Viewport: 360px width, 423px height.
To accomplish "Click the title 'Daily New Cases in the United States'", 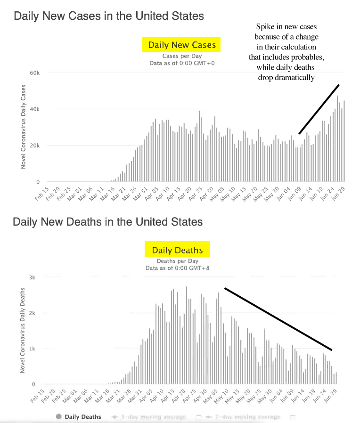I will coord(109,16).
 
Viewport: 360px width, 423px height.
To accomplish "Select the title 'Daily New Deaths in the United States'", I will coord(108,221).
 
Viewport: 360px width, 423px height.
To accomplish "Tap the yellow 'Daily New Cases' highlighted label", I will coord(181,45).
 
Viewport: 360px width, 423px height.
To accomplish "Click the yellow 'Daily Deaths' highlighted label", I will coord(177,250).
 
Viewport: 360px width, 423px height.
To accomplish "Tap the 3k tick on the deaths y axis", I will coord(32,277).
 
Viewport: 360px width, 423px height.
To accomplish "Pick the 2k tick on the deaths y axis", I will coord(32,313).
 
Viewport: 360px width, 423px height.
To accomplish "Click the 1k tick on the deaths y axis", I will coord(32,349).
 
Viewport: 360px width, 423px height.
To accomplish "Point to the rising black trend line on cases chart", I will coord(319,109).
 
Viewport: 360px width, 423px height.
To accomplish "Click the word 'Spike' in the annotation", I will coord(265,26).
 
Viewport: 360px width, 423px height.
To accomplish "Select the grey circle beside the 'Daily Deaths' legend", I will coord(58,416).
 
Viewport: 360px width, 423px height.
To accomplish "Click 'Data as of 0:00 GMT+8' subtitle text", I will coord(177,268).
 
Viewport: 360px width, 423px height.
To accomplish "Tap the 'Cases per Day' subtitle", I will coord(181,56).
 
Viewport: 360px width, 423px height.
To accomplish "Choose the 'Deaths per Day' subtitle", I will coord(177,261).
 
